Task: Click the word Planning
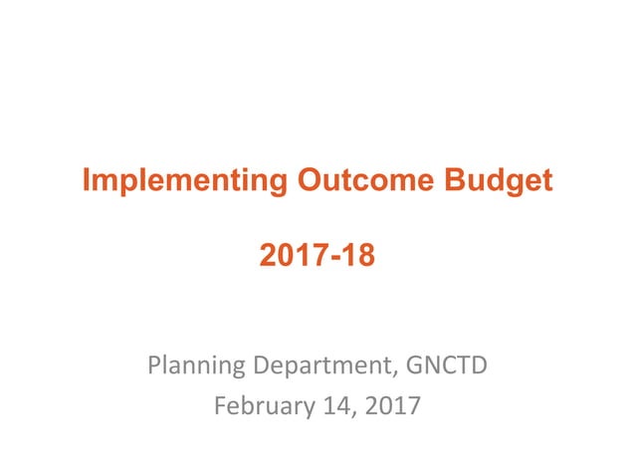click(x=192, y=367)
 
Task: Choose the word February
click(x=260, y=405)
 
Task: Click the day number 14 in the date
click(x=326, y=405)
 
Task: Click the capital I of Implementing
click(x=87, y=181)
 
